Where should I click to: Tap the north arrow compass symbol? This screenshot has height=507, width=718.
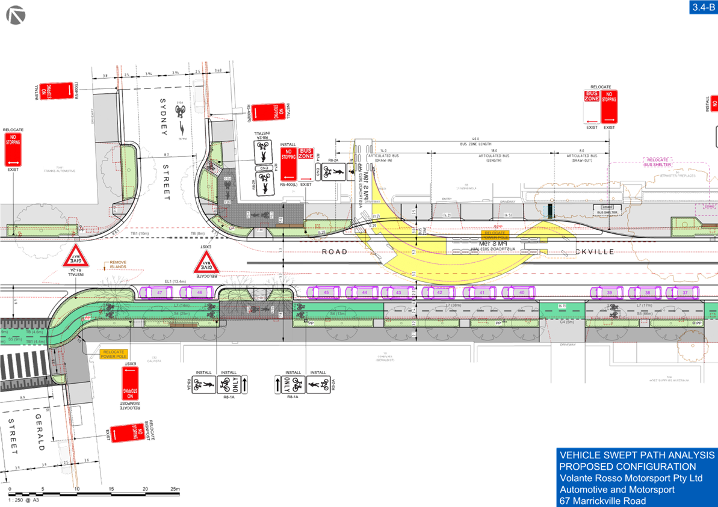(x=16, y=15)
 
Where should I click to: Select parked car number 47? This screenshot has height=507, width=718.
(x=159, y=292)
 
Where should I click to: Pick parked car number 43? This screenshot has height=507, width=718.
(x=398, y=292)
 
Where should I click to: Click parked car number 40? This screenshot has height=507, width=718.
(x=521, y=292)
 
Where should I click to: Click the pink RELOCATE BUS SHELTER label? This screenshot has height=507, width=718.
(x=657, y=162)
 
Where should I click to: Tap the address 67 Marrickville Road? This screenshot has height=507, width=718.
(x=602, y=501)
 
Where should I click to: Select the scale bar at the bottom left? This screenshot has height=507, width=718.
(x=96, y=494)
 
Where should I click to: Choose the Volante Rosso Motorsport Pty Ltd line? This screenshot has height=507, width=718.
(x=631, y=478)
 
